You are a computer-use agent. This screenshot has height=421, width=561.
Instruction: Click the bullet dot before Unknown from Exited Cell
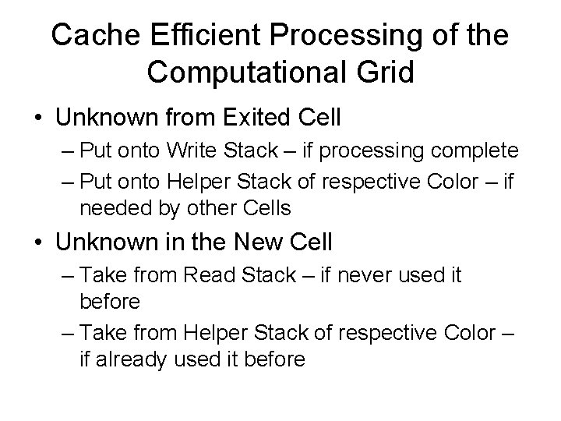(x=37, y=119)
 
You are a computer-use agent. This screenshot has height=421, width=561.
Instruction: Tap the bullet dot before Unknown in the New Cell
(x=37, y=242)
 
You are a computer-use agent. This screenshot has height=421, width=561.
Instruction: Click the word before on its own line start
(x=110, y=300)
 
